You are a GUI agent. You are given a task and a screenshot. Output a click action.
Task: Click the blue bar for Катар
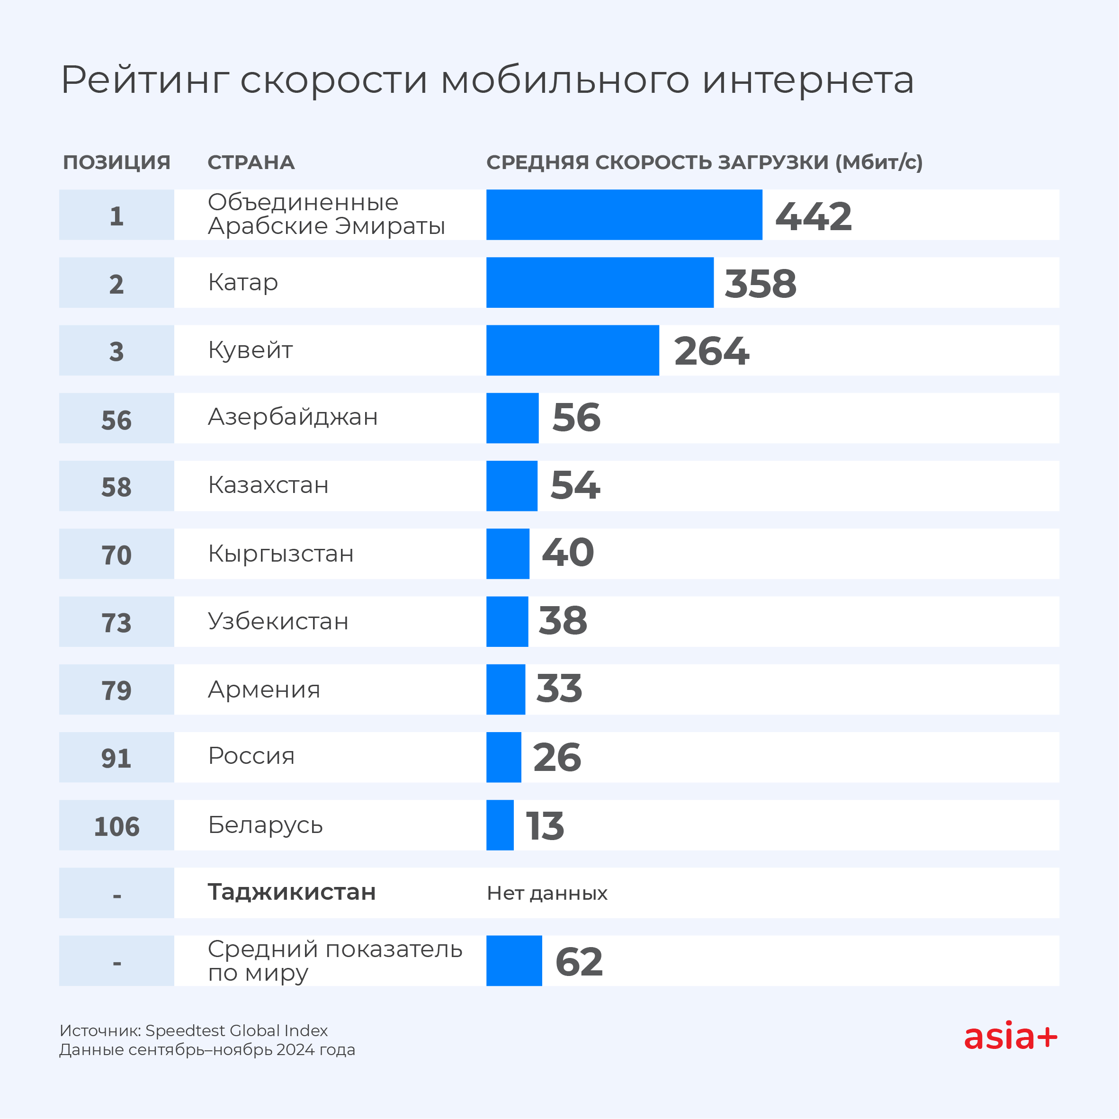pos(600,283)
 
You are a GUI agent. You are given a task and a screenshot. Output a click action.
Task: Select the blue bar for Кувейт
pos(572,350)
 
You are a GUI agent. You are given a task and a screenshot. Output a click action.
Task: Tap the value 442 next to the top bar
pos(813,216)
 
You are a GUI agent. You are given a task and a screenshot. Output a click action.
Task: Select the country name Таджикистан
pos(292,893)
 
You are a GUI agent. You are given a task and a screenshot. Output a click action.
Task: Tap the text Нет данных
pos(547,894)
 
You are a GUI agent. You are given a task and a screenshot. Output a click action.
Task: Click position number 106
pos(116,826)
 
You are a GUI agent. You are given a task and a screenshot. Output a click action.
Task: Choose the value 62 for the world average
pos(579,962)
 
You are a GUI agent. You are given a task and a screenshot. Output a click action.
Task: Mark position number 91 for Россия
pos(116,758)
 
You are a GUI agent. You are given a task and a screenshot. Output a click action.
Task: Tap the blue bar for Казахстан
pos(511,486)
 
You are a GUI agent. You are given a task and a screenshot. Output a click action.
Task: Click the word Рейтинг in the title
pos(145,80)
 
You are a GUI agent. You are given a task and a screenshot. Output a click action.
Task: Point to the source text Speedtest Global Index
pos(236,1031)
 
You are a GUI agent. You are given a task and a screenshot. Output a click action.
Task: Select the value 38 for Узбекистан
pos(563,621)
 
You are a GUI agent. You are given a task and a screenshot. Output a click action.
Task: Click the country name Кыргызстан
pos(280,554)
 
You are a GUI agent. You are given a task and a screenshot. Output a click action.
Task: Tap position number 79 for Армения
pos(116,690)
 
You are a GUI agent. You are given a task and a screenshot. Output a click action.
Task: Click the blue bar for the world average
pos(514,961)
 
